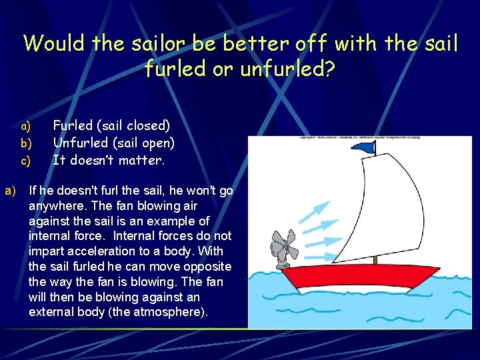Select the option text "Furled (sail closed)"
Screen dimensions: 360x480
(111, 125)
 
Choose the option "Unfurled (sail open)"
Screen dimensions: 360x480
(113, 142)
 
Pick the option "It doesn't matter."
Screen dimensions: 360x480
(108, 160)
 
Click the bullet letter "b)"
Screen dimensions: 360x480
(26, 143)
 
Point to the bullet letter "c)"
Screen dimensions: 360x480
(26, 161)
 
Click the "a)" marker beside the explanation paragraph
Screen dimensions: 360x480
(10, 191)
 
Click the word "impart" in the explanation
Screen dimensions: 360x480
(45, 251)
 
